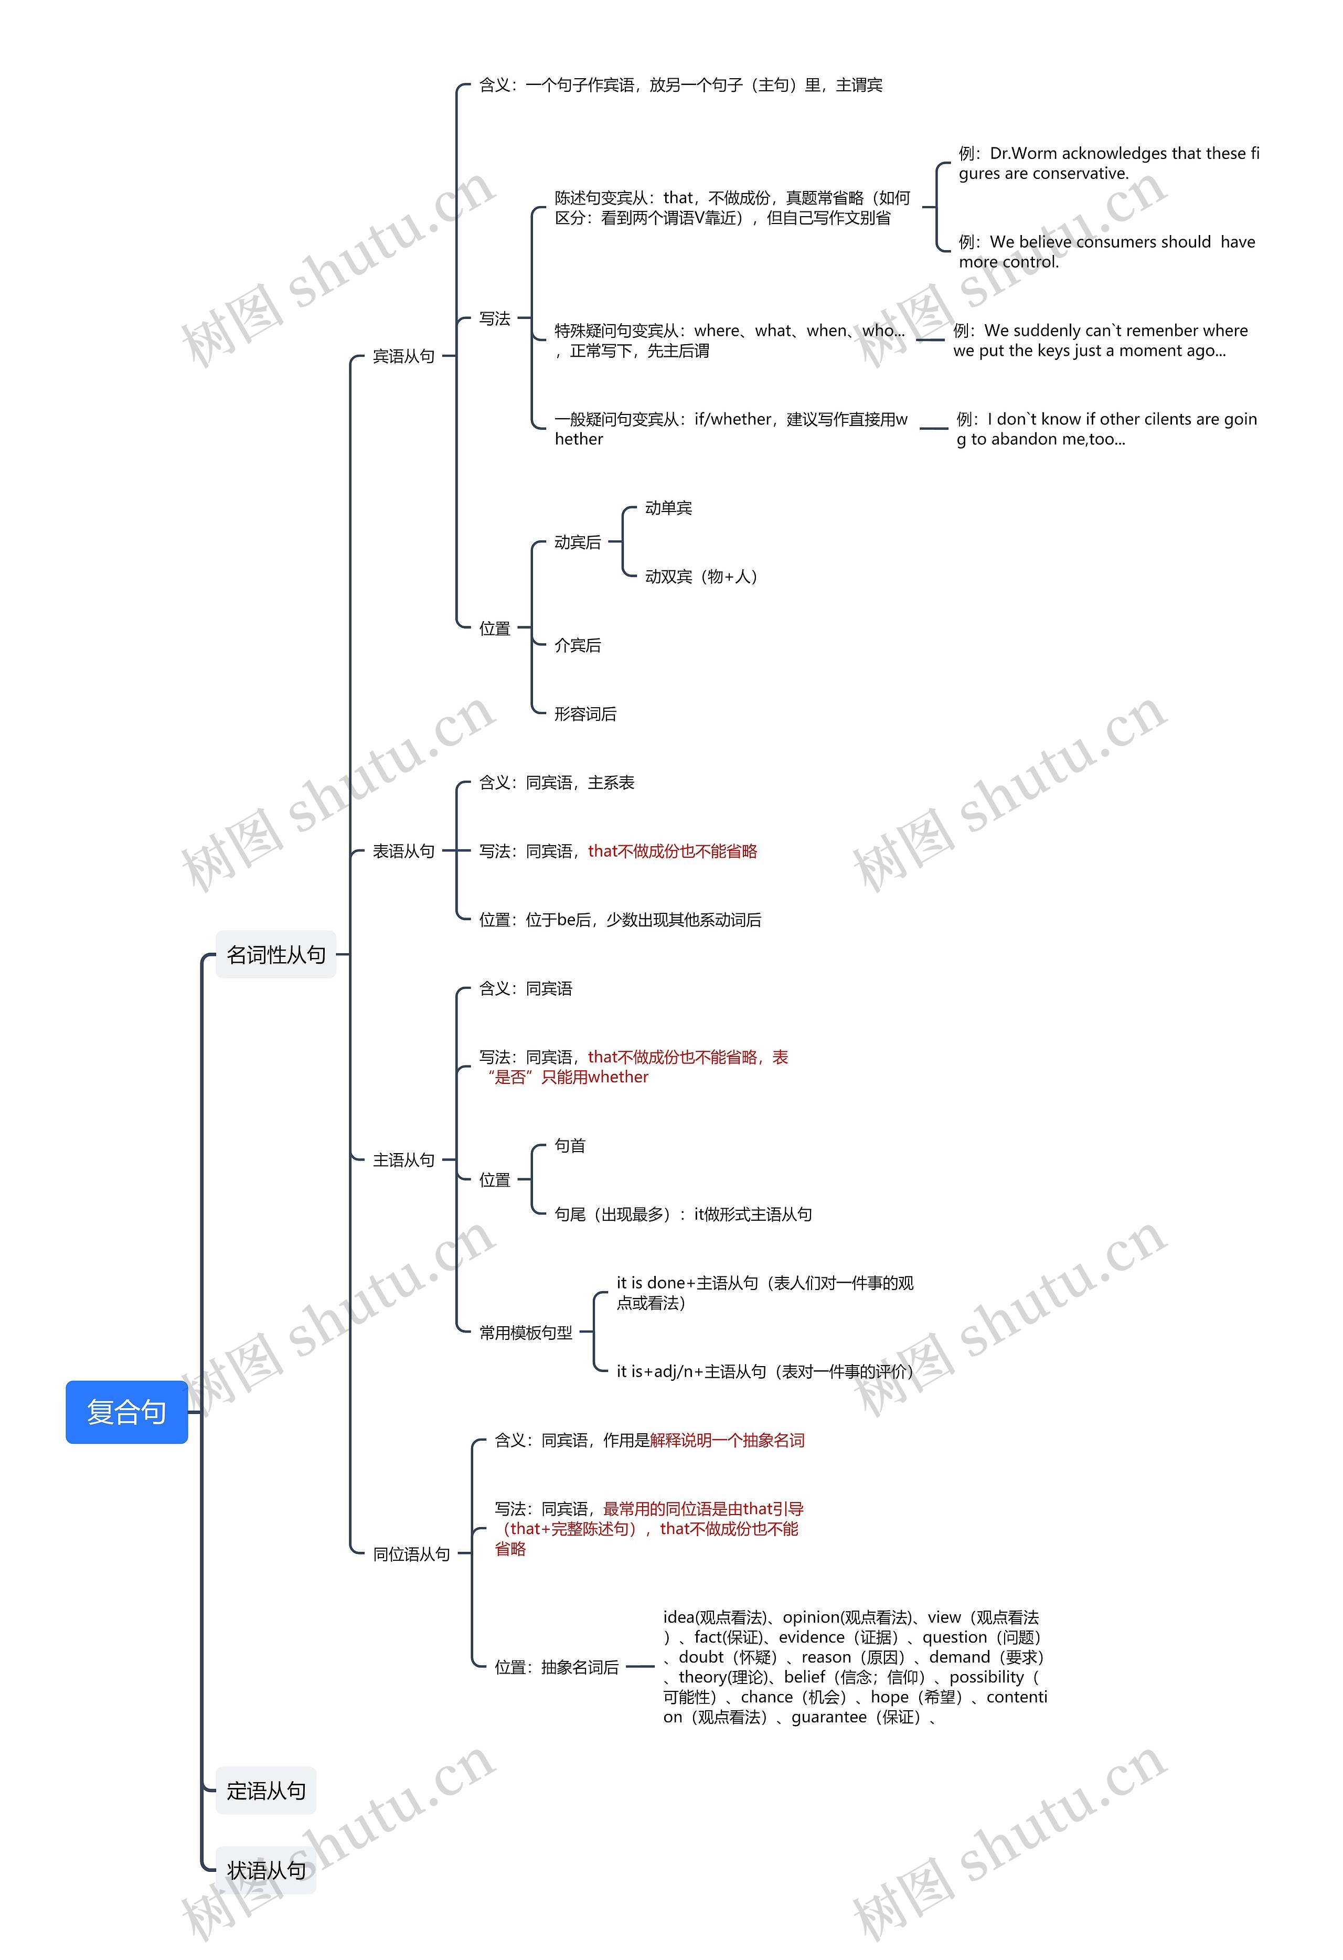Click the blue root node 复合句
(x=126, y=1412)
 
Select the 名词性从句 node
(x=276, y=955)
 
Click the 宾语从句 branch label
(x=403, y=356)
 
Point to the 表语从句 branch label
(x=403, y=851)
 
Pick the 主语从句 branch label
(x=403, y=1159)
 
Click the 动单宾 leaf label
(x=668, y=508)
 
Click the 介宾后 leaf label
(x=578, y=645)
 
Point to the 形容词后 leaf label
(x=585, y=713)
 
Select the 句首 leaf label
(x=570, y=1145)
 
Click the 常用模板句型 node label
(x=526, y=1333)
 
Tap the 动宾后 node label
(x=578, y=542)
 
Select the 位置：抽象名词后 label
(x=557, y=1667)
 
